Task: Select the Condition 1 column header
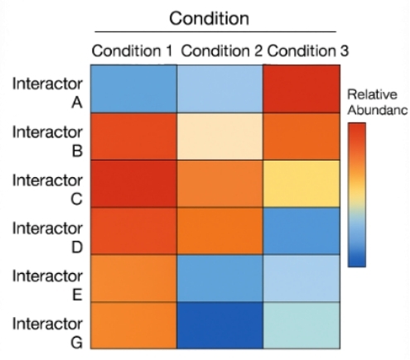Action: click(x=133, y=50)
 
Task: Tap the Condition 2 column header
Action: click(x=221, y=50)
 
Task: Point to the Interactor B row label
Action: click(x=47, y=140)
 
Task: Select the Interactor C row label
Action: click(x=47, y=188)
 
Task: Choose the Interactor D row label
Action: click(x=47, y=235)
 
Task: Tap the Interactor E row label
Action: click(x=47, y=281)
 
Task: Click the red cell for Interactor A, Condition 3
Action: click(x=305, y=89)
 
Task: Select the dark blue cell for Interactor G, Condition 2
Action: click(x=219, y=325)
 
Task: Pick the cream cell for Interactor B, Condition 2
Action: click(x=219, y=136)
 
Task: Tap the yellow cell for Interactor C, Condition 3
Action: click(x=305, y=183)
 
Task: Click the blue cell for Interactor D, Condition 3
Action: click(x=305, y=231)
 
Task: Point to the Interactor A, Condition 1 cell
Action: click(x=133, y=89)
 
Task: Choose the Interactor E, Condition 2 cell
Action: click(x=219, y=278)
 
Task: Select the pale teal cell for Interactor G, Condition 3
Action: click(x=305, y=325)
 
